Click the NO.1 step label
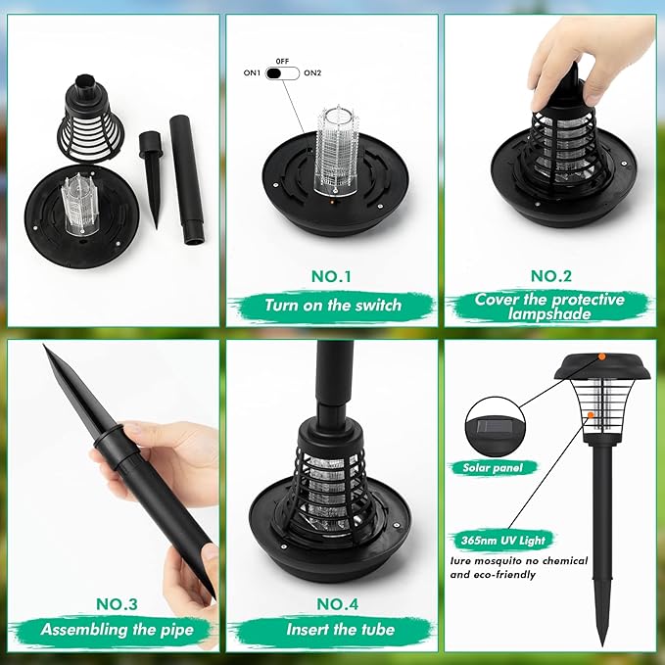point(332,276)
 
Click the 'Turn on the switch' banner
point(332,305)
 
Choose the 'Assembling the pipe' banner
point(114,630)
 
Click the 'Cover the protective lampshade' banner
point(548,306)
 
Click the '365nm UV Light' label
point(502,540)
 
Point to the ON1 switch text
point(253,72)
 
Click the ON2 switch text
point(313,72)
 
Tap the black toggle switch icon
point(282,72)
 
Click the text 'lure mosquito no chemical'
point(519,561)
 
